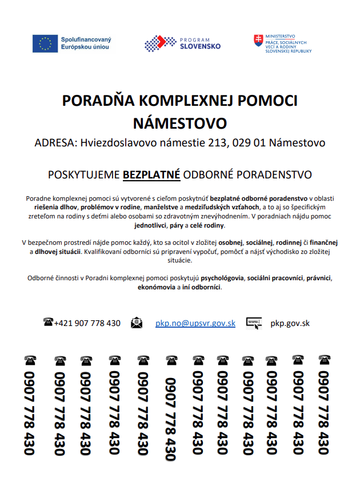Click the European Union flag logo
[45, 43]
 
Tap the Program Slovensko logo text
[201, 43]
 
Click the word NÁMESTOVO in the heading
[180, 124]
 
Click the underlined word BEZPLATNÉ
[152, 174]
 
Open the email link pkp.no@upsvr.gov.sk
[195, 323]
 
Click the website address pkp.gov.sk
[290, 323]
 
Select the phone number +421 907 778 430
[87, 323]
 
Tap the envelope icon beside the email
[137, 323]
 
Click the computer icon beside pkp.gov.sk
[254, 323]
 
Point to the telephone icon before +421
[48, 322]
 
